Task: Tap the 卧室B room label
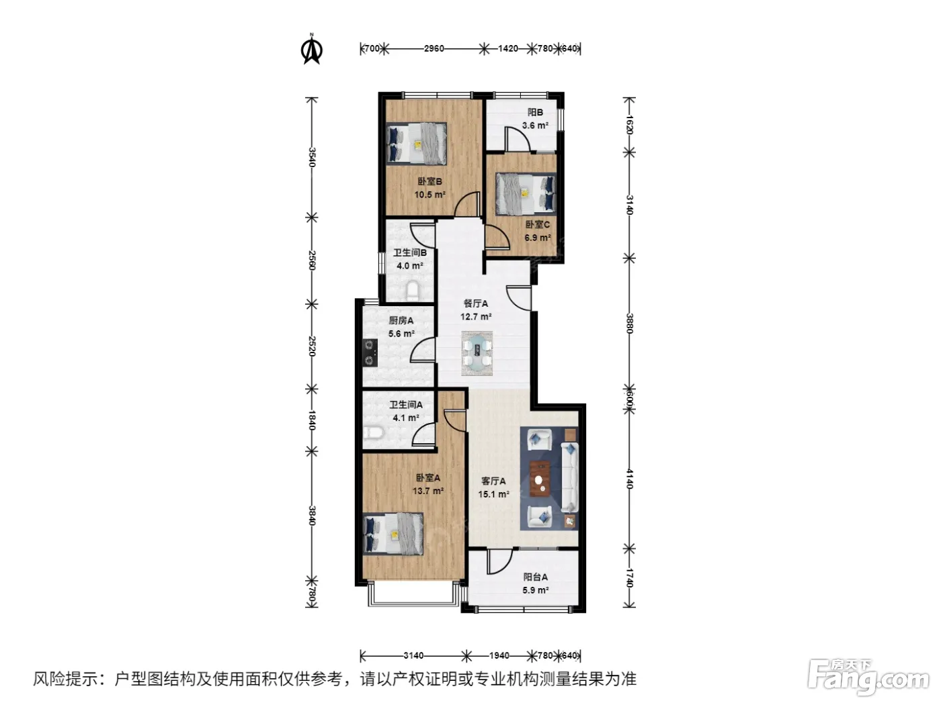(x=429, y=181)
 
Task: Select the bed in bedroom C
(x=526, y=193)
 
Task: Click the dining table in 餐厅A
(x=477, y=354)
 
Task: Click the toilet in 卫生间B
(x=413, y=291)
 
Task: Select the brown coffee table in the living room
(x=540, y=479)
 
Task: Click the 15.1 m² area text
(x=493, y=494)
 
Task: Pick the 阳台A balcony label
(x=535, y=577)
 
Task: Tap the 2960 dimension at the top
(x=434, y=49)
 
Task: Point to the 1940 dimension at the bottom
(x=499, y=655)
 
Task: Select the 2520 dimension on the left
(x=312, y=346)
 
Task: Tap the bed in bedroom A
(x=393, y=534)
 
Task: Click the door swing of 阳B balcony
(x=518, y=139)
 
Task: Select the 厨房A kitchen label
(x=401, y=320)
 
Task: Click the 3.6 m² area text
(x=535, y=126)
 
